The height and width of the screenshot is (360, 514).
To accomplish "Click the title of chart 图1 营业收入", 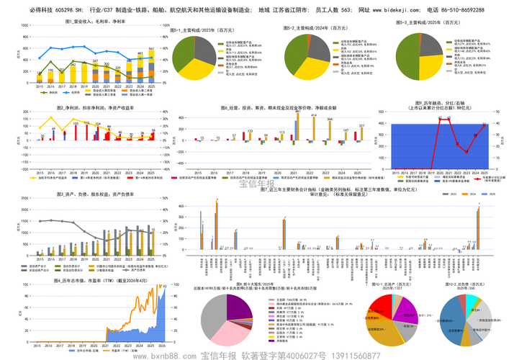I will [x=89, y=22].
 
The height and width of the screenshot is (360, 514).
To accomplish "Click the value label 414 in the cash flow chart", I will [x=315, y=115].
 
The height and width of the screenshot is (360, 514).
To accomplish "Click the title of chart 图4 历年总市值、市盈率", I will [x=90, y=280].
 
